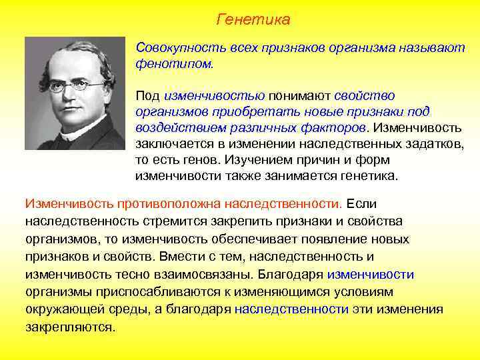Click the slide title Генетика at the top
[x=253, y=20]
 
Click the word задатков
[x=438, y=144]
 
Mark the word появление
[x=342, y=239]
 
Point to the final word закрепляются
[x=70, y=327]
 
